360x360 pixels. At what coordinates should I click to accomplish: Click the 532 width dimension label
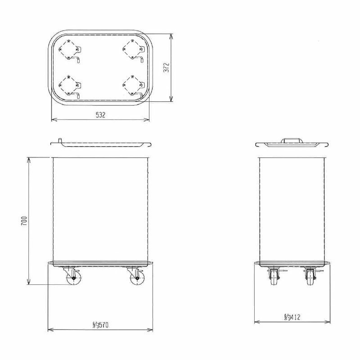[100, 115]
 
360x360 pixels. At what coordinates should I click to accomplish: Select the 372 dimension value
[166, 67]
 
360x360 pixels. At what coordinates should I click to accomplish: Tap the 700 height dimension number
[24, 220]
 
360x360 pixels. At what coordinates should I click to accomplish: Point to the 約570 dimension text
[100, 325]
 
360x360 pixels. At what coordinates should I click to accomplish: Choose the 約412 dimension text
[292, 317]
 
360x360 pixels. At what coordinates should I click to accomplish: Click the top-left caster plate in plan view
[69, 50]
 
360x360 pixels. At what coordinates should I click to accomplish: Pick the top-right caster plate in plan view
[133, 50]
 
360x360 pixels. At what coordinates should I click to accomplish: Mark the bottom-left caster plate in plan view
[69, 85]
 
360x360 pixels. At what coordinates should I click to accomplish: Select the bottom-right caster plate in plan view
[133, 85]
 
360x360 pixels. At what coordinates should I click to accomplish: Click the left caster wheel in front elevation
[73, 278]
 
